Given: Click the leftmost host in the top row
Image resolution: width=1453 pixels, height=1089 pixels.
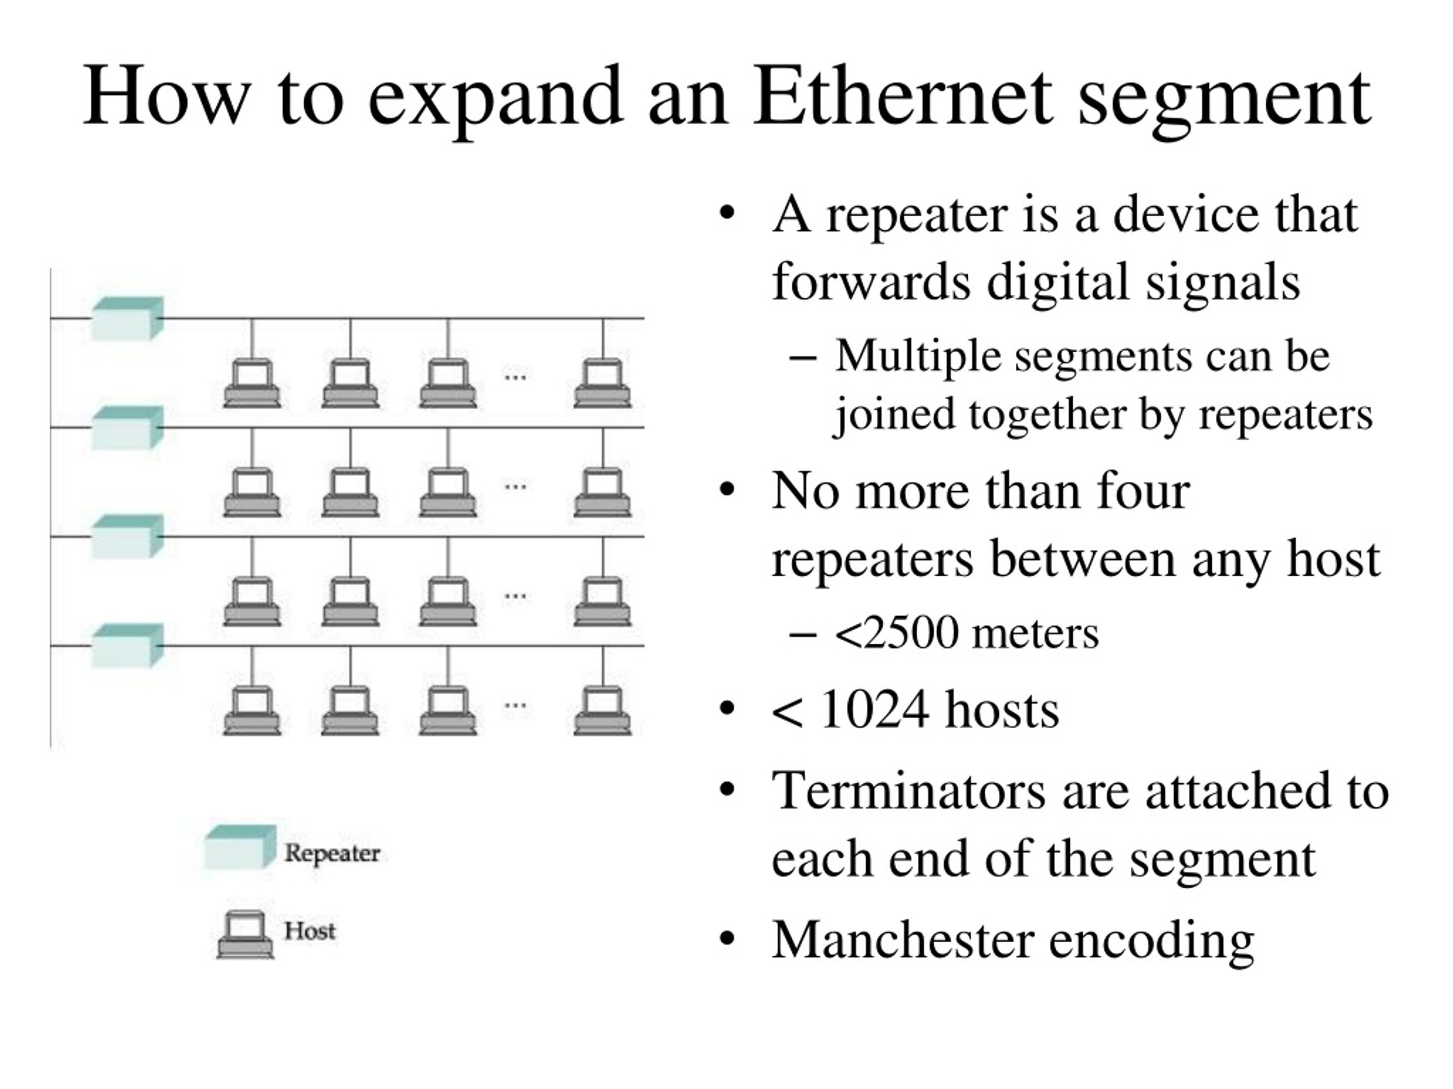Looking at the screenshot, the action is click(x=252, y=383).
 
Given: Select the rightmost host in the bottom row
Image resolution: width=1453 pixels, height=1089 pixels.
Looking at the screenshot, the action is click(x=602, y=710).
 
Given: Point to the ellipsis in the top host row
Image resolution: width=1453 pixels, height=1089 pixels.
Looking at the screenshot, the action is click(x=515, y=377).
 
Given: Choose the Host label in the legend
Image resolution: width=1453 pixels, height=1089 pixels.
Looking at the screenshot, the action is click(x=309, y=930).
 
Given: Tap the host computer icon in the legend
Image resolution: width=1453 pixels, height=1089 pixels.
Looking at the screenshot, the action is click(x=246, y=935).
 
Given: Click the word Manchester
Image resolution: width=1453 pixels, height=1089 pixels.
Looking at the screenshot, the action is click(x=902, y=939).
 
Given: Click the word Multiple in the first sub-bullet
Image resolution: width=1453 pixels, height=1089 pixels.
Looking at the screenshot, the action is click(x=918, y=358).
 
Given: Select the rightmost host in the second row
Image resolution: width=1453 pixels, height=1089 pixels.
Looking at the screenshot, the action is click(x=602, y=492).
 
